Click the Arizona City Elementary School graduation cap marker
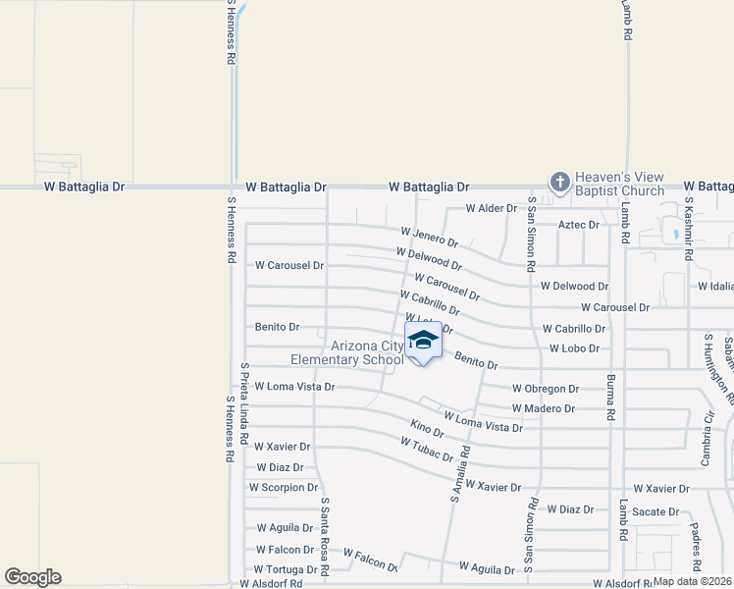click(x=423, y=342)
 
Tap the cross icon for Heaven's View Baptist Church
click(x=559, y=181)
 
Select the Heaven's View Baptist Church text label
click(x=619, y=184)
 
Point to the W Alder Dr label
click(x=491, y=208)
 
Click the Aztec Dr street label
click(x=578, y=225)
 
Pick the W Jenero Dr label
click(x=429, y=237)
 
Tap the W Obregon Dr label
click(x=545, y=389)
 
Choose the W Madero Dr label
click(x=543, y=408)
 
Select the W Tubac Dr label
click(x=426, y=451)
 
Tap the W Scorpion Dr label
click(x=284, y=487)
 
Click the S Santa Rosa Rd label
click(x=325, y=534)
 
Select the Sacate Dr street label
click(x=655, y=511)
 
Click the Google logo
click(x=32, y=577)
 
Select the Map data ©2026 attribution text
click(x=692, y=581)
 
